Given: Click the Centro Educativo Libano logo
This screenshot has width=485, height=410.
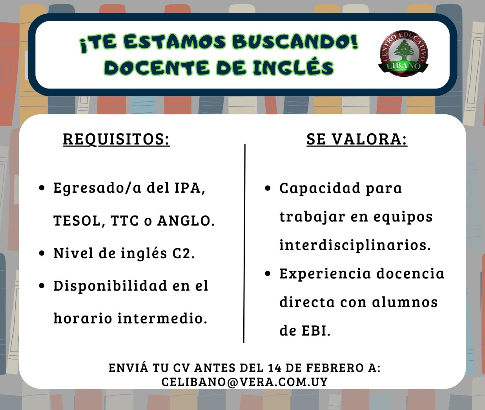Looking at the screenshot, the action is [403, 54].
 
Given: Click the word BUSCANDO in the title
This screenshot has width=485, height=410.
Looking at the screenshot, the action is [295, 42].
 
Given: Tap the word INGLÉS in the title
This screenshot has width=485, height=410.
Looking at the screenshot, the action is [293, 68].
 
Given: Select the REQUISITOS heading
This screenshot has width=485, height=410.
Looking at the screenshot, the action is [117, 139].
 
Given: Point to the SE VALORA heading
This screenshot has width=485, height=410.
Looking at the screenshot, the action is [357, 139].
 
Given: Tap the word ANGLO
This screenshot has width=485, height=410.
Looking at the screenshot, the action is [186, 220].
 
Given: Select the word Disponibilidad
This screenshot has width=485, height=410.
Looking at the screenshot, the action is [110, 286].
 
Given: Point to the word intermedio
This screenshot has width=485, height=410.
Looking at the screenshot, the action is [162, 318].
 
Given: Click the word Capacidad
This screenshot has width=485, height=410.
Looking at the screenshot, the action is [320, 188].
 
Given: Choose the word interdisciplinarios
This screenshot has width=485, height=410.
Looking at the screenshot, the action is [355, 245].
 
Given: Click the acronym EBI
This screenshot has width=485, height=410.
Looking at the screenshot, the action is [316, 331].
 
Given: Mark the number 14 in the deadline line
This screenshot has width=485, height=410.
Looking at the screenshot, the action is [275, 368].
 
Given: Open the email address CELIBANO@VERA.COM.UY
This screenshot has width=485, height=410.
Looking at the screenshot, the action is [244, 382].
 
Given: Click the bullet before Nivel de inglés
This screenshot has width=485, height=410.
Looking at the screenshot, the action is [42, 253].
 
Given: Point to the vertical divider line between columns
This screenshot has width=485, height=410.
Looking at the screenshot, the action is [244, 244].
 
